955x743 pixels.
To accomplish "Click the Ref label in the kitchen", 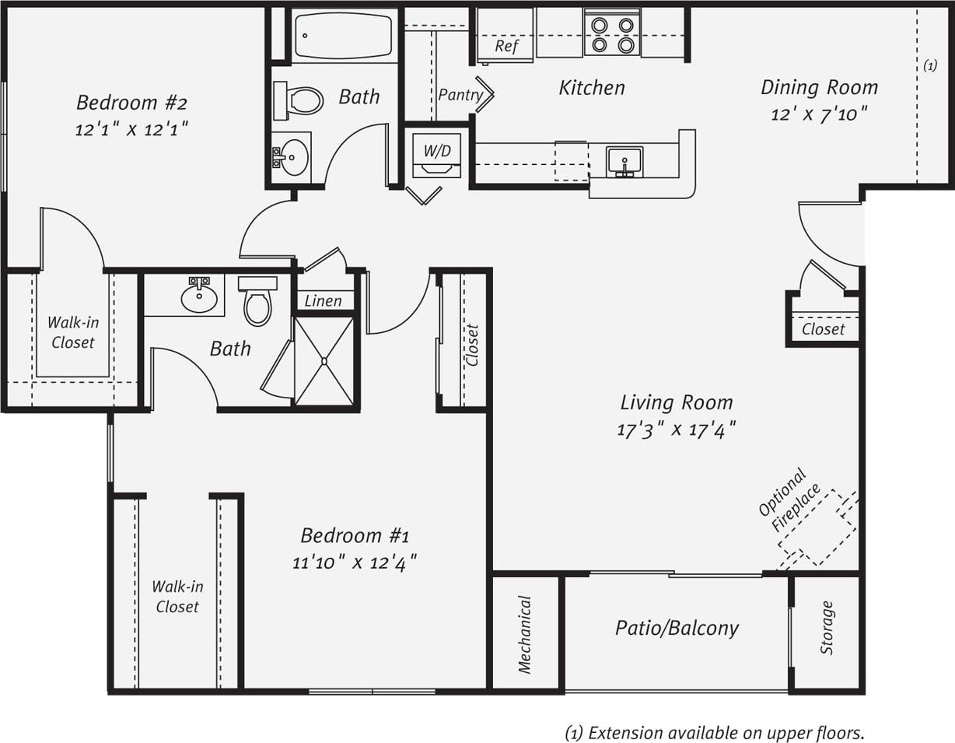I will [x=506, y=46].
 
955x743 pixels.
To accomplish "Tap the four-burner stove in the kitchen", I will [x=612, y=34].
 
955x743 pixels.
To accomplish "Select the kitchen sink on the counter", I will [x=624, y=162].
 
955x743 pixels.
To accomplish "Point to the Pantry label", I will [x=460, y=95].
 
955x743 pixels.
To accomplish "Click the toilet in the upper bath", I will [x=299, y=100].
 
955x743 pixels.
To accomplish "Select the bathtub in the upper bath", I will [x=345, y=36].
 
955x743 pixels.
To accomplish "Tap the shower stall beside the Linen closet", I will [x=324, y=360].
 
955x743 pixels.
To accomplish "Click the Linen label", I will [x=323, y=301].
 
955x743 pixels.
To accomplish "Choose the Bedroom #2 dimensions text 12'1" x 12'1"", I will [x=132, y=128].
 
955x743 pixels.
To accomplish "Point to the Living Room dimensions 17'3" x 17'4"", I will [x=677, y=429].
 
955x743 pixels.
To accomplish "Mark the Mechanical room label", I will [x=525, y=633].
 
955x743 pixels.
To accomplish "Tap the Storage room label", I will [x=827, y=628].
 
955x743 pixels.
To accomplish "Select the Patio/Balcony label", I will [x=677, y=628].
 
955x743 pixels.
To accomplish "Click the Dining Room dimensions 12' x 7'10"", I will [x=819, y=114].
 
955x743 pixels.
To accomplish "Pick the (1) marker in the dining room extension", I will [x=929, y=67].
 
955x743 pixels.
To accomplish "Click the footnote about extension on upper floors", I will [x=714, y=732].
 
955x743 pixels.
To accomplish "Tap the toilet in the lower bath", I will [x=257, y=301].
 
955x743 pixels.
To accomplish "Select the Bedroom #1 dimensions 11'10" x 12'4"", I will [x=355, y=561].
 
